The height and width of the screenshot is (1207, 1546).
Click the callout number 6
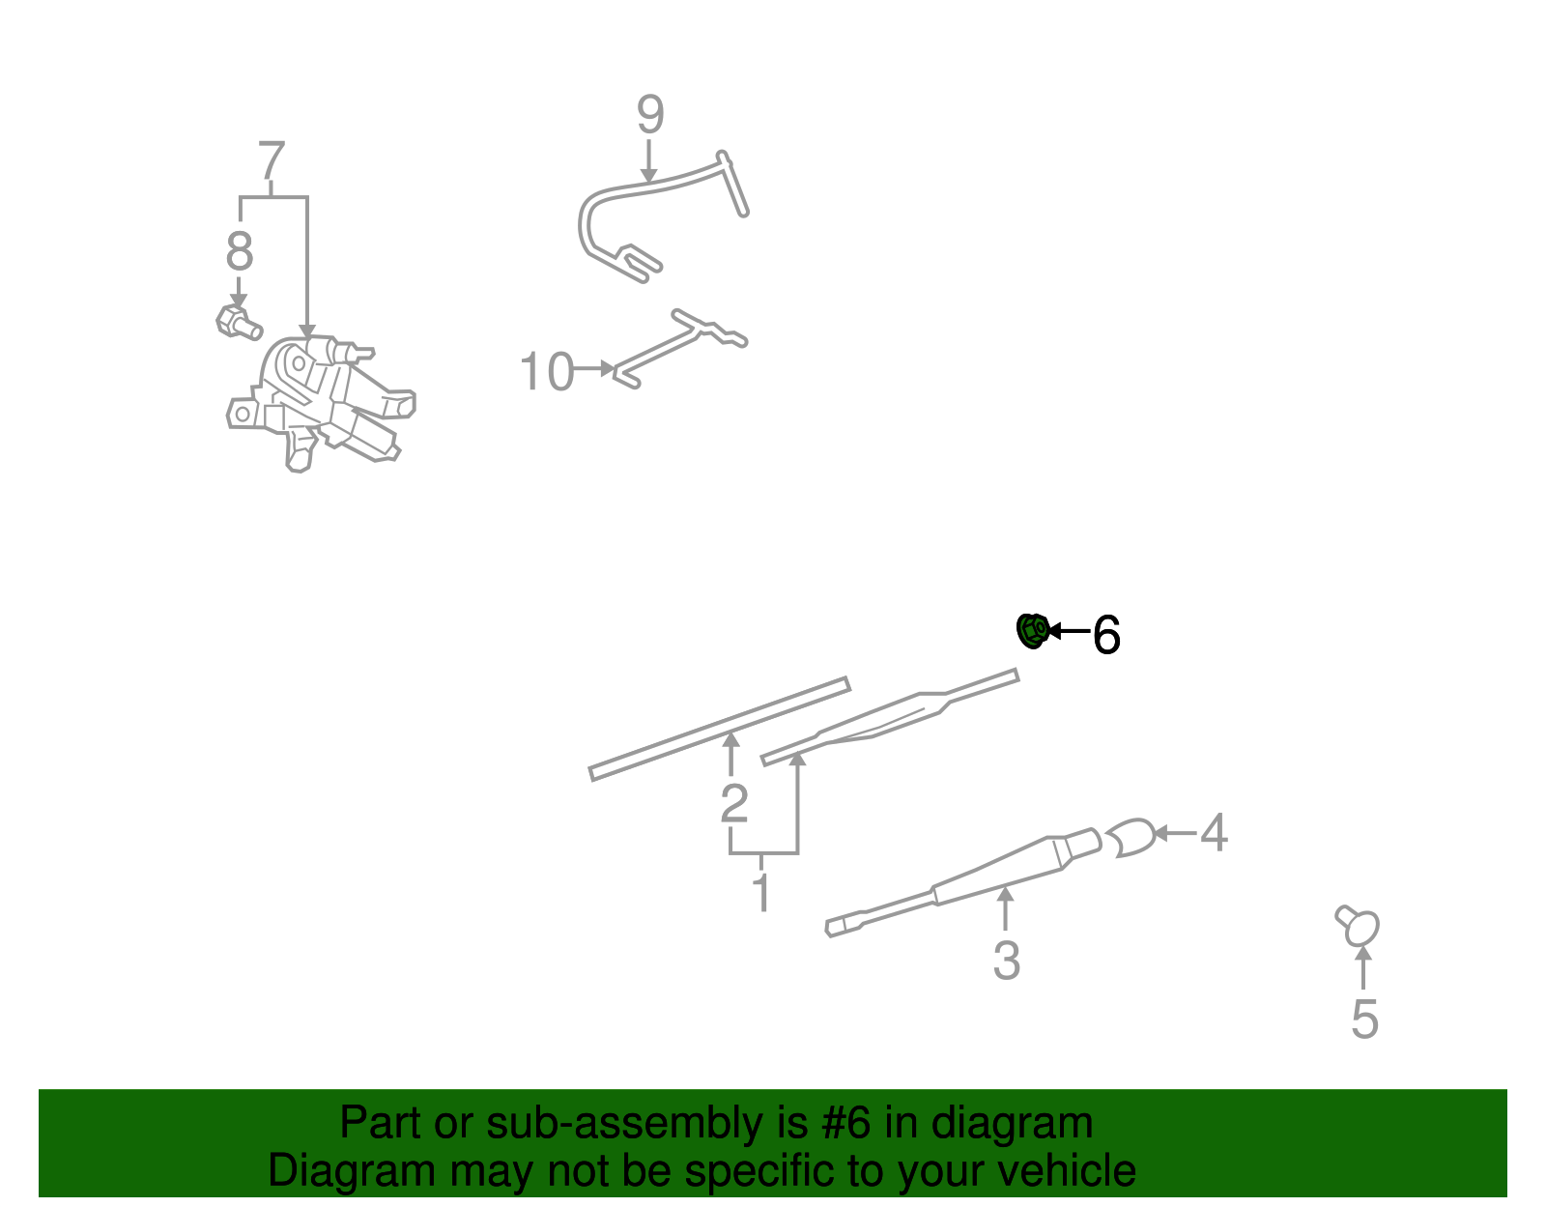click(x=1106, y=634)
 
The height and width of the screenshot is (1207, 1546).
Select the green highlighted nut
click(x=1033, y=631)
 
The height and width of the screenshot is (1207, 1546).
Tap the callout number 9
click(x=650, y=114)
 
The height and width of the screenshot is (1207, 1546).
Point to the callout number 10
click(x=546, y=371)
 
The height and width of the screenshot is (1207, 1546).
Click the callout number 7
click(x=272, y=159)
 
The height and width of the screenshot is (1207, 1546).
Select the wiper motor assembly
click(x=320, y=403)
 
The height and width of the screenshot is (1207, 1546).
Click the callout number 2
click(x=734, y=803)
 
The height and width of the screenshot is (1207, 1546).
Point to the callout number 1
click(x=762, y=891)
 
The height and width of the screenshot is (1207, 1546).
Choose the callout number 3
click(x=1007, y=961)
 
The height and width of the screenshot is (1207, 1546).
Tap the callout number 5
click(x=1364, y=1020)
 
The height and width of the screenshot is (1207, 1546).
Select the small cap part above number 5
click(x=1358, y=926)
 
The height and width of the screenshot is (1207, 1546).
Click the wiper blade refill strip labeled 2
click(x=719, y=729)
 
